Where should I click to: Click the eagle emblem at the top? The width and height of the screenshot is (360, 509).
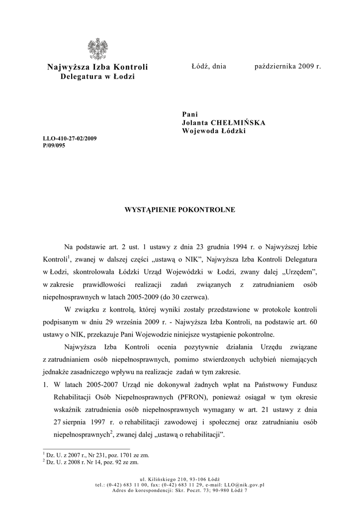[97, 49]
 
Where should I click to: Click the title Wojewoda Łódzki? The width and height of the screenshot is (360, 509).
[214, 131]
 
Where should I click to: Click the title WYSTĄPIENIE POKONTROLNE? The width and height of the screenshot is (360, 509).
[180, 210]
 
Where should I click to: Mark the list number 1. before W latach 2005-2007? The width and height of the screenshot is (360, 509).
[45, 385]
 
